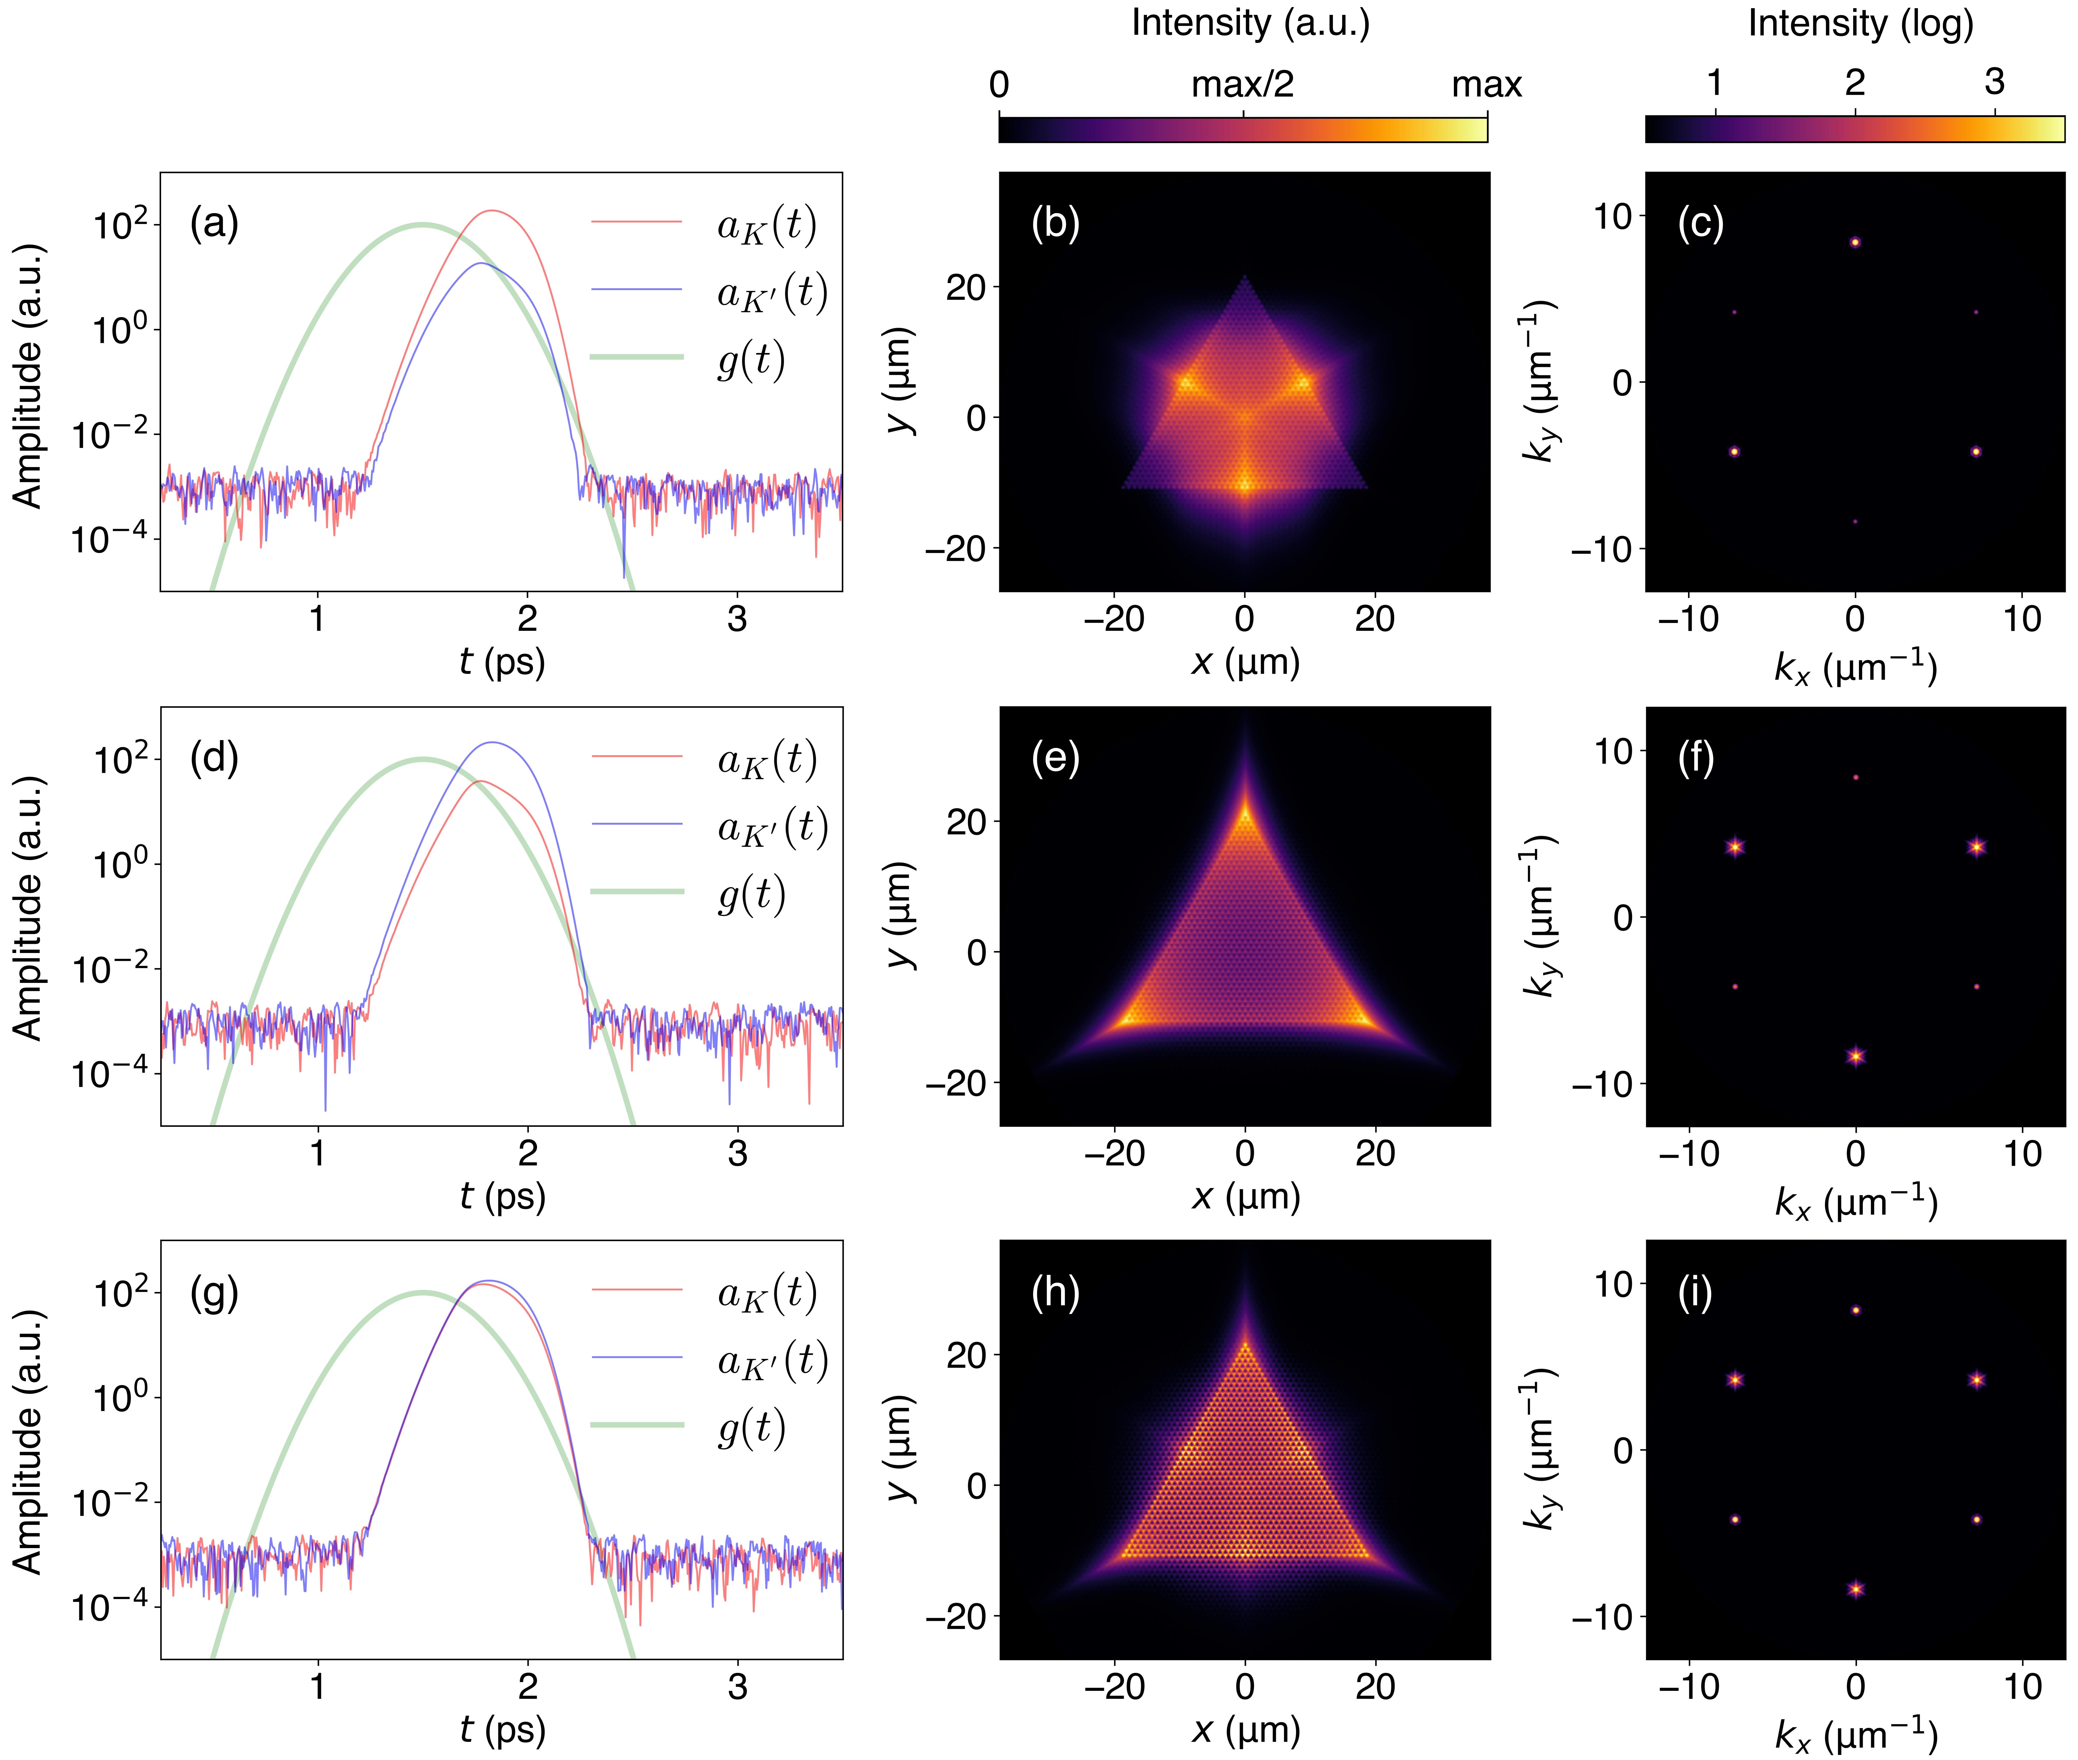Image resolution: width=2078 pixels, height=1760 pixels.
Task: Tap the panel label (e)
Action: (1055, 758)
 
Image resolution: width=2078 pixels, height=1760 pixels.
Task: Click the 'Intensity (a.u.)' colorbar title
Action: (1250, 22)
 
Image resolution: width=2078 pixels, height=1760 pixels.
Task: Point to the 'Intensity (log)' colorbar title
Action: (1861, 22)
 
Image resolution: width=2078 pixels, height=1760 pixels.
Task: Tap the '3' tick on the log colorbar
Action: (1994, 82)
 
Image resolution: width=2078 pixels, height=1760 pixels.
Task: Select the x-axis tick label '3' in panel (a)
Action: (737, 620)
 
